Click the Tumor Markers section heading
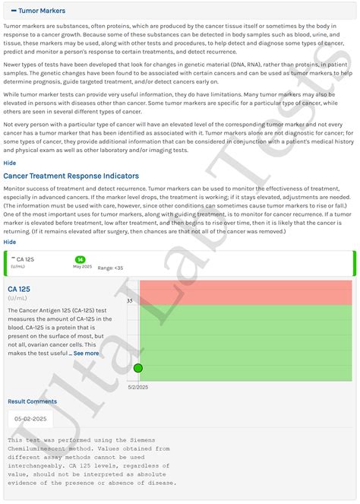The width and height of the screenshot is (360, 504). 42,11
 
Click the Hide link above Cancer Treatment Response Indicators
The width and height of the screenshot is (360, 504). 10,163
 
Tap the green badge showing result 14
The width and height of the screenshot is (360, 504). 80,259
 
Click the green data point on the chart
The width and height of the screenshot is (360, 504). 138,368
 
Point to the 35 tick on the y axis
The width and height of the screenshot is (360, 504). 129,300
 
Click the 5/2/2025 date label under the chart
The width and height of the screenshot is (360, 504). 137,387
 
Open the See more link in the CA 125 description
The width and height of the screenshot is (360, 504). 86,353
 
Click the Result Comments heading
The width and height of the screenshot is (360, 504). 32,401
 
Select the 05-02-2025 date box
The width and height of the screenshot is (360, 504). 31,418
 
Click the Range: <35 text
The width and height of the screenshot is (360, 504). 110,268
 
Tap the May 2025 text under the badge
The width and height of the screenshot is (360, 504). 81,267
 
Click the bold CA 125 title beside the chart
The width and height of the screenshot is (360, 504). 20,290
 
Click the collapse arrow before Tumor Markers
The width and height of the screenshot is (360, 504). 11,11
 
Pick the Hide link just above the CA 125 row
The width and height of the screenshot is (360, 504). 10,242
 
